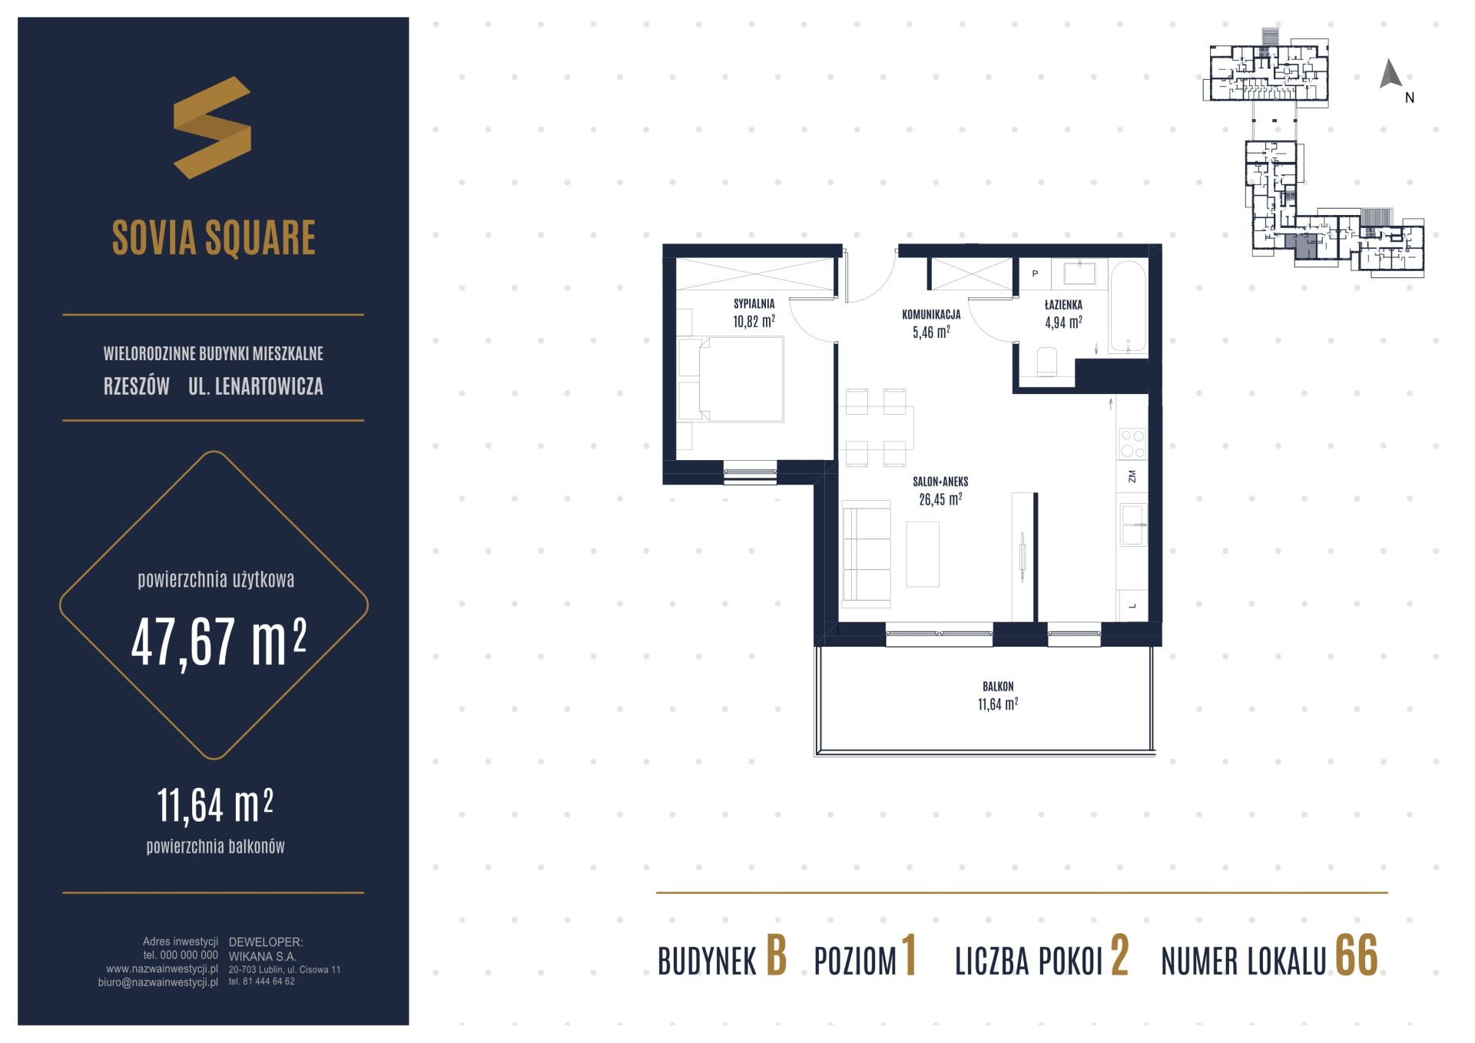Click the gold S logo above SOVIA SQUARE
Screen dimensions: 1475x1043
212,127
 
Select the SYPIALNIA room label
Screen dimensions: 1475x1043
754,304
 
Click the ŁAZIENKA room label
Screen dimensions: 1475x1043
1063,305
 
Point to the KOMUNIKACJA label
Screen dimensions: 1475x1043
931,314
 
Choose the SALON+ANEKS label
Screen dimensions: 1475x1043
940,482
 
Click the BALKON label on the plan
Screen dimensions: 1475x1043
998,687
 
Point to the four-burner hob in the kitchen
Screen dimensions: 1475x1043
1132,443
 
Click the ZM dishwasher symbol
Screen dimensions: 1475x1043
1132,476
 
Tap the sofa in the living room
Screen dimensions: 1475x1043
867,551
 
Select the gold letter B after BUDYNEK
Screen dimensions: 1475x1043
777,955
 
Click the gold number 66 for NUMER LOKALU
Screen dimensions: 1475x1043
1357,955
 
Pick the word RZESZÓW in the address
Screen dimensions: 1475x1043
137,386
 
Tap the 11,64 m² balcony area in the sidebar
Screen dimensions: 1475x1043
215,804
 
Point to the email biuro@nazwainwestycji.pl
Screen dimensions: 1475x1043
158,982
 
